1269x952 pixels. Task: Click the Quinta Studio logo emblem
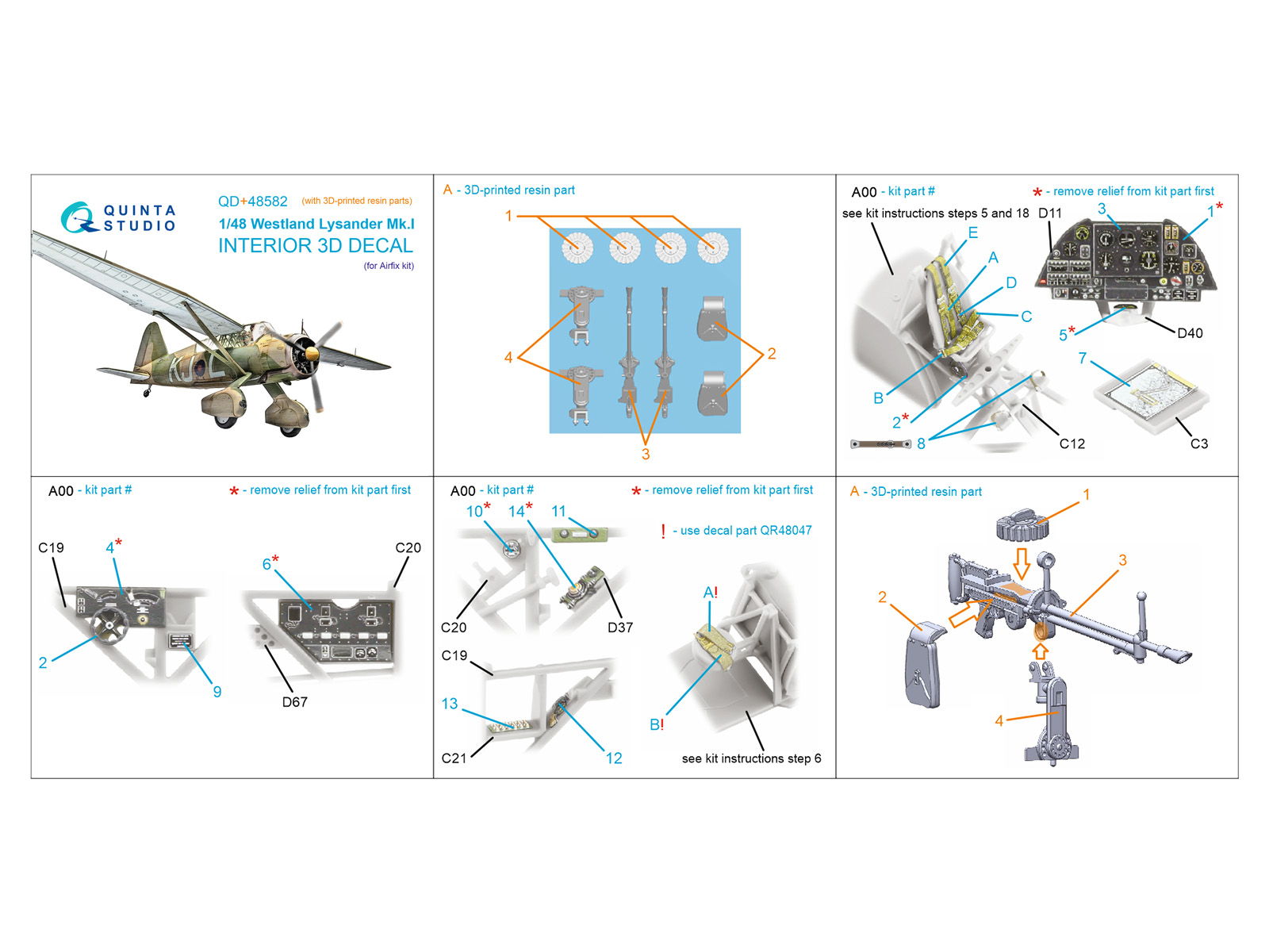[78, 218]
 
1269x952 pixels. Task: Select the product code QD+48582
[253, 202]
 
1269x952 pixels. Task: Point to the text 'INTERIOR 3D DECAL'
[316, 246]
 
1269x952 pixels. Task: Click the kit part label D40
[1190, 333]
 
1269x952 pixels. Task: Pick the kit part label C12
[1072, 443]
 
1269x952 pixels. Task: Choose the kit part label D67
[294, 702]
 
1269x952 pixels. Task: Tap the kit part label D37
[619, 628]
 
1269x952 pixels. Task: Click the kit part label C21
[454, 758]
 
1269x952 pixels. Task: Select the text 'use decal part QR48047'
[746, 530]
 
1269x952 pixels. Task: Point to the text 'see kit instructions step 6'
[751, 758]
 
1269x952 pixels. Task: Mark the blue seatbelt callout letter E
[973, 232]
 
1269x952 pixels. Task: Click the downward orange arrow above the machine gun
[1022, 563]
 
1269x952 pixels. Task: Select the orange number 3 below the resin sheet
[645, 454]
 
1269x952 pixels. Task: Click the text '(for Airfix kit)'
[389, 265]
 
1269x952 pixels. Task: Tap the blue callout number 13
[449, 704]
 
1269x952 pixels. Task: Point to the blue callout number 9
[217, 691]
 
